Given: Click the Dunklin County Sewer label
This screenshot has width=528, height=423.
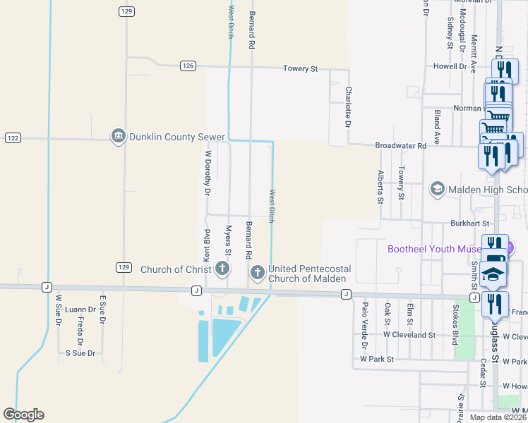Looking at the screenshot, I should [x=176, y=137].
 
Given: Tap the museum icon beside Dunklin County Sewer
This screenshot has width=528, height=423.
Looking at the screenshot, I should [x=119, y=137].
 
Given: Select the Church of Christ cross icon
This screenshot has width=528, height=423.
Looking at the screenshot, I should [x=222, y=268].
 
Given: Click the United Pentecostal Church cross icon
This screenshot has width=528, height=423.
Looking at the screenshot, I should [x=258, y=272].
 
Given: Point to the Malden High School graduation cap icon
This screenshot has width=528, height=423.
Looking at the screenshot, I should [x=437, y=189].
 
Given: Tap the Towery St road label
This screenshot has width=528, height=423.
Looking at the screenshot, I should [x=301, y=68].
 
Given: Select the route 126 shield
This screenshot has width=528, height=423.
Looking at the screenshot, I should [x=187, y=66].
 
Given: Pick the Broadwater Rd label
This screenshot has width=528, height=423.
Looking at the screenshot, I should [x=401, y=145].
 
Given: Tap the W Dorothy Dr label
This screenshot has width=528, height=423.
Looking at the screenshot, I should [x=208, y=172].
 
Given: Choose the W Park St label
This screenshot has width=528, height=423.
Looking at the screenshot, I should [x=376, y=359].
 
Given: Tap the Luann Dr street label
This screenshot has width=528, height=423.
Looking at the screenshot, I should [x=80, y=309].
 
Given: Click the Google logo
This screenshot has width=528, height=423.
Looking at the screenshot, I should [x=23, y=415].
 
